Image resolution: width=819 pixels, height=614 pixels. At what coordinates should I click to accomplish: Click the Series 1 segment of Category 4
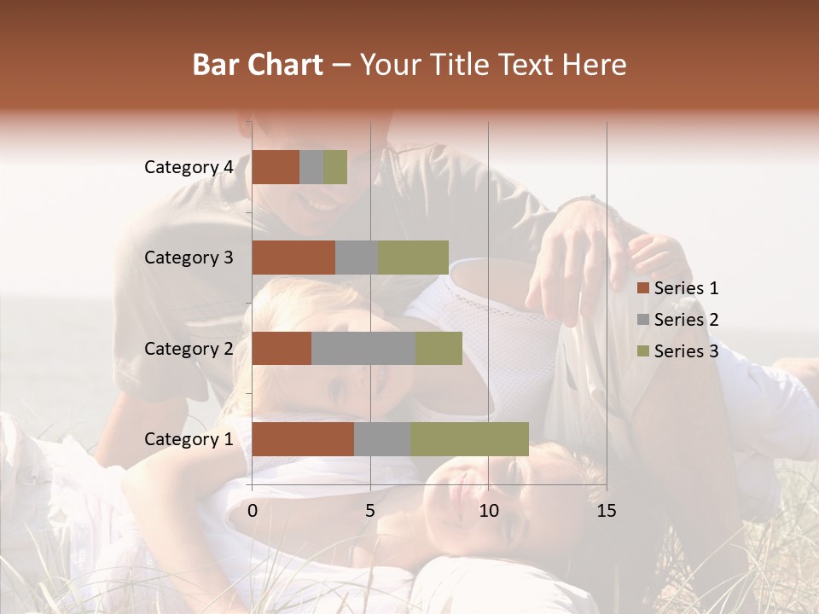(x=276, y=167)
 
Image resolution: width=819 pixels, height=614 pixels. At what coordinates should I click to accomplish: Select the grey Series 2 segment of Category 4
(x=311, y=167)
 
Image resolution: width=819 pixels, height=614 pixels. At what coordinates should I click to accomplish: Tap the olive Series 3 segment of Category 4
(x=335, y=167)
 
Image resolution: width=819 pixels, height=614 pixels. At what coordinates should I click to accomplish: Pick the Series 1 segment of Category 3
(x=293, y=258)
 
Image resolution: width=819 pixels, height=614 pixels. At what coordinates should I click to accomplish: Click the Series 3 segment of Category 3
(x=413, y=258)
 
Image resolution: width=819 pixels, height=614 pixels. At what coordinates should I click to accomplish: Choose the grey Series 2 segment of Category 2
(x=363, y=348)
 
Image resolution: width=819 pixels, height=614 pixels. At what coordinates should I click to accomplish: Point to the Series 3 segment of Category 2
(x=439, y=348)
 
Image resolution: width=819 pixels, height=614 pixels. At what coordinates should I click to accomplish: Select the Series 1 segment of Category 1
(x=303, y=439)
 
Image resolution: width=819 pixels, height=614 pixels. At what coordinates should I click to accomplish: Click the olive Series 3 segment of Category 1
(x=469, y=439)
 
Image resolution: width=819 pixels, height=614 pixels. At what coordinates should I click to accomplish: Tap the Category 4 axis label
(x=189, y=167)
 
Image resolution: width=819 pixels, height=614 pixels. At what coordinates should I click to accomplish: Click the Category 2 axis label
(x=189, y=348)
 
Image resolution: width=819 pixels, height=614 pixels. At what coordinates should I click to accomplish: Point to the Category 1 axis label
(x=189, y=439)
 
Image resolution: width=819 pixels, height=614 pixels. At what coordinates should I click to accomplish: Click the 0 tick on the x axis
(x=253, y=511)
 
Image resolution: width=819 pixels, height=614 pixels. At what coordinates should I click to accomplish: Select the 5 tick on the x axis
(x=370, y=511)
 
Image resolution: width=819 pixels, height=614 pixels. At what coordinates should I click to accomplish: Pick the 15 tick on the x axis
(x=606, y=511)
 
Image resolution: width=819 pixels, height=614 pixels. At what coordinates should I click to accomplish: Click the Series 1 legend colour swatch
(x=642, y=289)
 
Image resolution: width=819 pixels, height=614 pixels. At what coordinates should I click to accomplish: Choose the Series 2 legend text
(x=686, y=320)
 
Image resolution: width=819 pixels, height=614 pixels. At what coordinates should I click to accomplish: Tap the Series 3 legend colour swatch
(x=642, y=351)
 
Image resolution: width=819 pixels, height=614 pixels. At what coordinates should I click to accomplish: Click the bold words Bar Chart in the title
(x=258, y=65)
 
